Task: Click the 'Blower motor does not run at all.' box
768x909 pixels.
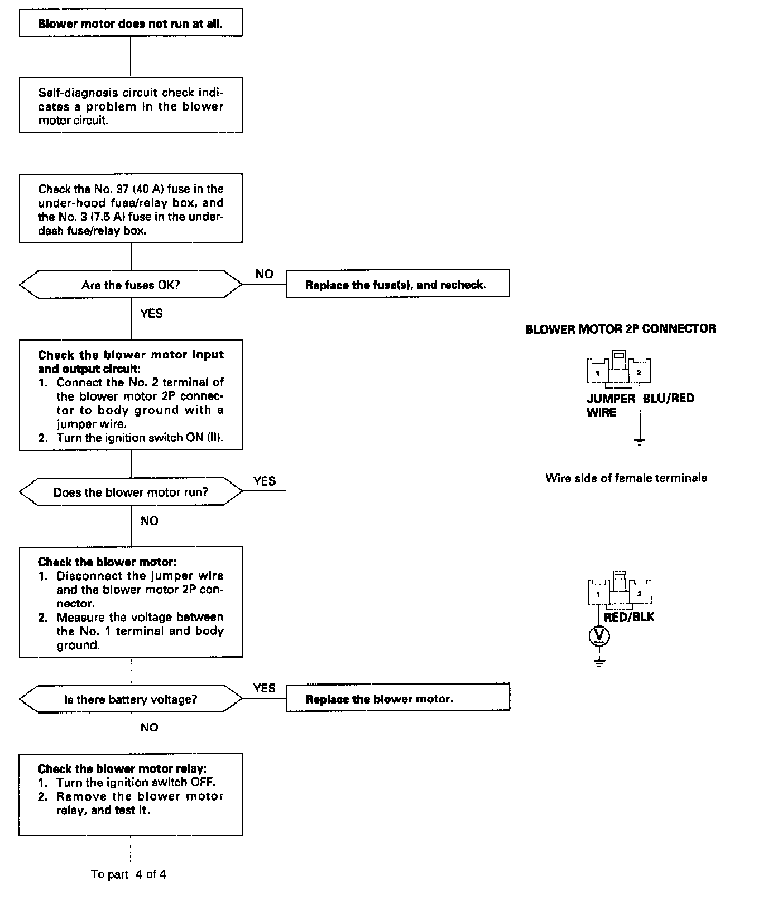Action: [x=130, y=23]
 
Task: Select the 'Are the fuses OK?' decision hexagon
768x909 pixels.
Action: [x=131, y=285]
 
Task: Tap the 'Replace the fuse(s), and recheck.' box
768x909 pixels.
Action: [x=397, y=285]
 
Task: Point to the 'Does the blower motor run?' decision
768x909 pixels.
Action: [x=131, y=492]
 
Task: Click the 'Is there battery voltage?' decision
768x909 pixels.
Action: [x=131, y=699]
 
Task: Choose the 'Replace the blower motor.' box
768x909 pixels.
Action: [x=397, y=699]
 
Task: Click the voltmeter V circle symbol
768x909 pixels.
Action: [x=599, y=635]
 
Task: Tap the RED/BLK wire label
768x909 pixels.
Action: [x=629, y=617]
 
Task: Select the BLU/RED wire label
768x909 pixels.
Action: [x=669, y=398]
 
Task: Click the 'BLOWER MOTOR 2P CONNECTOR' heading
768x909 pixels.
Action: [x=620, y=329]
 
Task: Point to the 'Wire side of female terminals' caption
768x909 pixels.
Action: [x=626, y=478]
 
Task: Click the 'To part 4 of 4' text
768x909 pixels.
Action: [x=128, y=874]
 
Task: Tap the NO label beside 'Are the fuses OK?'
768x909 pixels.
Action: [x=264, y=274]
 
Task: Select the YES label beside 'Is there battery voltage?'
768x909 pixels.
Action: [x=264, y=688]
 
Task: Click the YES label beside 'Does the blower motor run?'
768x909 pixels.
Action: [x=264, y=481]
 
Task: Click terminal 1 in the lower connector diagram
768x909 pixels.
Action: [x=598, y=595]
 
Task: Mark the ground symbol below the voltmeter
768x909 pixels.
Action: [x=599, y=663]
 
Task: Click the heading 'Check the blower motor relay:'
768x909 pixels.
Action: [x=122, y=769]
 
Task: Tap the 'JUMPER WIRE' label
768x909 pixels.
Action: [x=610, y=405]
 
